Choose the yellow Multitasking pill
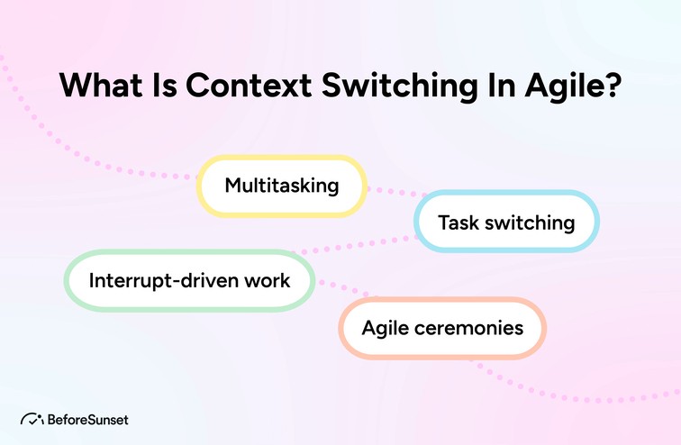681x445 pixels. [282, 186]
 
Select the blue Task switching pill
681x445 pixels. [506, 222]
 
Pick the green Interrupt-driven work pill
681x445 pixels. [189, 280]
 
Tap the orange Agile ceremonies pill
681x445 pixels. [442, 327]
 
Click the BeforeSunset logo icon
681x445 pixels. [32, 419]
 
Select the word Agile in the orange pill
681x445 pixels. [386, 327]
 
